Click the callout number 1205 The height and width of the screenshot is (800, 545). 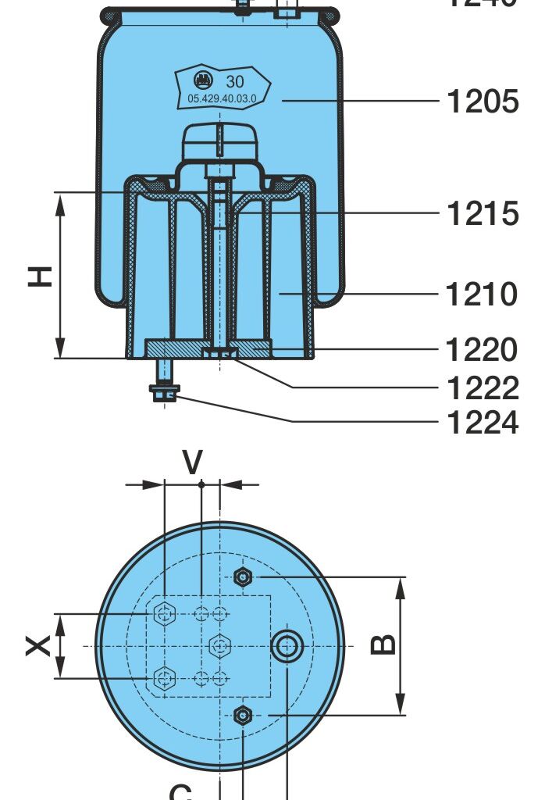click(x=482, y=102)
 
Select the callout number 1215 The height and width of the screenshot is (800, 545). click(x=482, y=213)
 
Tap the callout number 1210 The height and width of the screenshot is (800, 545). click(x=482, y=295)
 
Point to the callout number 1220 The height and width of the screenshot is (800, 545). click(x=482, y=350)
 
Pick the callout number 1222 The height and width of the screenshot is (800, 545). click(x=482, y=387)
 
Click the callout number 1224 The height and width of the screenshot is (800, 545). click(x=482, y=423)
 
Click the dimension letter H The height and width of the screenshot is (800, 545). click(x=41, y=276)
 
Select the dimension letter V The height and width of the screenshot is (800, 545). click(x=192, y=463)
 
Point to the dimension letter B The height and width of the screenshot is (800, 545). click(x=383, y=645)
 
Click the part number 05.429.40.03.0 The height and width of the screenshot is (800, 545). click(x=222, y=98)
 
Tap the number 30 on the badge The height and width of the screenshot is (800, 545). click(x=235, y=81)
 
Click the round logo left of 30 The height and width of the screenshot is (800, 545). click(x=202, y=80)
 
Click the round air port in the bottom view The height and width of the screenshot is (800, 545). click(x=287, y=646)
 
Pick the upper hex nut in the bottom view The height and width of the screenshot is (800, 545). click(x=243, y=577)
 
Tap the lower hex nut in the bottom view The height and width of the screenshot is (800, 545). click(x=243, y=714)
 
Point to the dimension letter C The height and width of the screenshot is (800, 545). click(x=180, y=791)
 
